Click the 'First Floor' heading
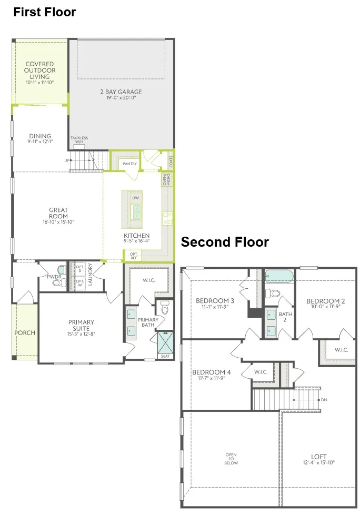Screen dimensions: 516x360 45,12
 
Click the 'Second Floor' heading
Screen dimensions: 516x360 225,242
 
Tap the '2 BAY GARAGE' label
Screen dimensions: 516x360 121,92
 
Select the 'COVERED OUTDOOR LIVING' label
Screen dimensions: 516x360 39,70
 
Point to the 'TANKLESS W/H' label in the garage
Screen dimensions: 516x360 79,140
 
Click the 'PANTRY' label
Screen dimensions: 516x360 129,164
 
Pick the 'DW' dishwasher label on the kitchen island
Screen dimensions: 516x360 135,198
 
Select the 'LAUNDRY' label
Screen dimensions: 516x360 91,274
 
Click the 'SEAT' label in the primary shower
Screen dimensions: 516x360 166,356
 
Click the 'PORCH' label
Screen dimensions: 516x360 25,332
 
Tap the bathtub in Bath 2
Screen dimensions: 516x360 279,276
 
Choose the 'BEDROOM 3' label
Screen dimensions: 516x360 214,301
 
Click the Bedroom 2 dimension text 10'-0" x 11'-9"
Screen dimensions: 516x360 326,307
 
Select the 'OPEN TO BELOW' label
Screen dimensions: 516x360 231,459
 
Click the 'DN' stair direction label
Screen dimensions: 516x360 323,400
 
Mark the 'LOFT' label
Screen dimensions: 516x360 318,457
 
